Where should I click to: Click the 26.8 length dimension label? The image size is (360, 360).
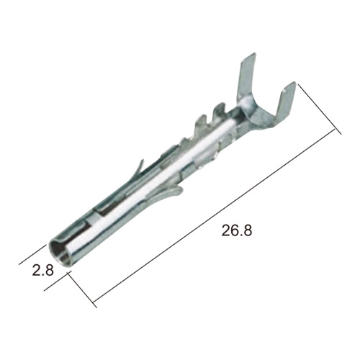(237, 230)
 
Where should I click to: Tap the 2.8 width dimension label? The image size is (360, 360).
(42, 270)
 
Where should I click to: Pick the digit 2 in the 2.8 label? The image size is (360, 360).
(37, 270)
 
